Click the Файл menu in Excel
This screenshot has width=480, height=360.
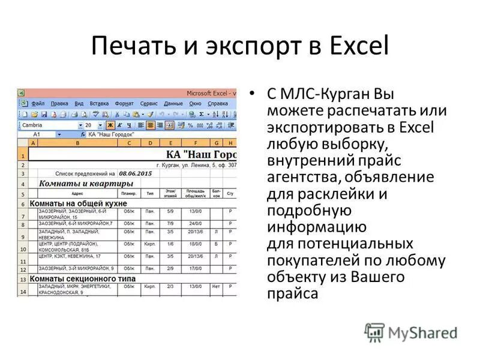tap(38, 103)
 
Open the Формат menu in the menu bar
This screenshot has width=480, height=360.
tap(124, 103)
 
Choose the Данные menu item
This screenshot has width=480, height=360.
tap(173, 103)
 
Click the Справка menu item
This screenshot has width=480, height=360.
tap(217, 103)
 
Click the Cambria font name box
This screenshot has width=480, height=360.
tap(48, 125)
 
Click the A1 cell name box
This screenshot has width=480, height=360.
tap(37, 135)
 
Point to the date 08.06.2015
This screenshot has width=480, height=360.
tap(135, 173)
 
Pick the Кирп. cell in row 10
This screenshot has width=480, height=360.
tap(150, 244)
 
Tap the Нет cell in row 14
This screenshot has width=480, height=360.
tap(215, 287)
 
